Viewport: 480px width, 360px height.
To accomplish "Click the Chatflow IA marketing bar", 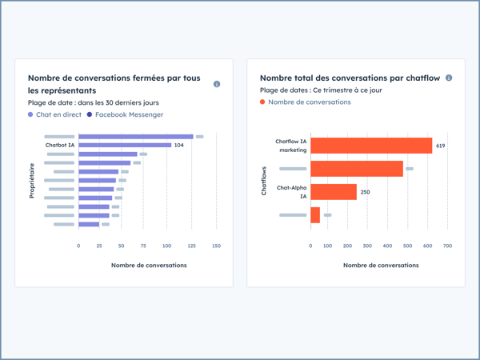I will coord(371,146).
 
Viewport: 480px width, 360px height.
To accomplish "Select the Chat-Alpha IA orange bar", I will coord(334,192).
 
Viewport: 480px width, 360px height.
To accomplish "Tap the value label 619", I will coord(441,146).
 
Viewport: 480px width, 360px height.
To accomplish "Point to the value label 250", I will coord(366,192).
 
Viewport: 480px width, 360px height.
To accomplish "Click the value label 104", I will coord(179,145).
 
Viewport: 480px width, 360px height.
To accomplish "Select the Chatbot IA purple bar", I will coord(125,145).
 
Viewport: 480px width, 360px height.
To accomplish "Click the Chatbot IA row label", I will coord(60,145).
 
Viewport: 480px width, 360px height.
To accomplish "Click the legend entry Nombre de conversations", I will coord(309,102).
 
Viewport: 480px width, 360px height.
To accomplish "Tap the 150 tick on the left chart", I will coord(216,246).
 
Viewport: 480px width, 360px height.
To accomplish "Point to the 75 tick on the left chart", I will coord(143,246).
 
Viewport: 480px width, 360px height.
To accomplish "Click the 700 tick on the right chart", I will coord(447,246).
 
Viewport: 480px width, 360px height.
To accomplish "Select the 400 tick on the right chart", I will coord(389,246).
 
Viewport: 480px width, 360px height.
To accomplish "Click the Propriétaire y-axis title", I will coord(32,181).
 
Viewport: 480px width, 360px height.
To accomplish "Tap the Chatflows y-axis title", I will coord(264,181).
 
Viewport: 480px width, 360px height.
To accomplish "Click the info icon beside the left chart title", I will coord(217,84).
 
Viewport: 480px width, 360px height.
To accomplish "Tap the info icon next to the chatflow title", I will coord(449,78).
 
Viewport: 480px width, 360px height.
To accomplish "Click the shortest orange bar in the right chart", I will coord(315,215).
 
